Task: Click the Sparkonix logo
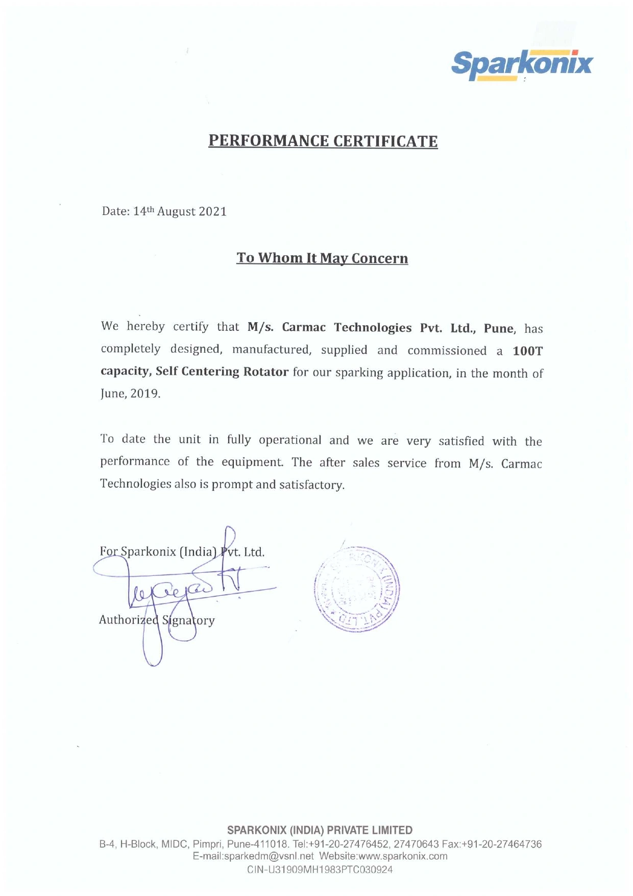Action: pos(522,65)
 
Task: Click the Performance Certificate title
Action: pos(323,141)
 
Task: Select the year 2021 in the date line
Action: pos(212,212)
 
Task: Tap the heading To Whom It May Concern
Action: pos(322,258)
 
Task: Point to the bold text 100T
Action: pos(527,351)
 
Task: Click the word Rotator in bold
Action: pos(265,372)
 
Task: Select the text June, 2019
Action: pos(130,394)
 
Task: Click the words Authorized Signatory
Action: pos(157,620)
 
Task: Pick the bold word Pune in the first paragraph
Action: pos(498,328)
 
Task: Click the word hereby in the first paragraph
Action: pos(145,327)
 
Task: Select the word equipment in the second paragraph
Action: pos(252,462)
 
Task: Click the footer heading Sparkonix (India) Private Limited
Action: pos(320,830)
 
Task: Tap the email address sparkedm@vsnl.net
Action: pos(253,856)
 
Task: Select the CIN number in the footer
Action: pos(320,869)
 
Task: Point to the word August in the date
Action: pos(176,212)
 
